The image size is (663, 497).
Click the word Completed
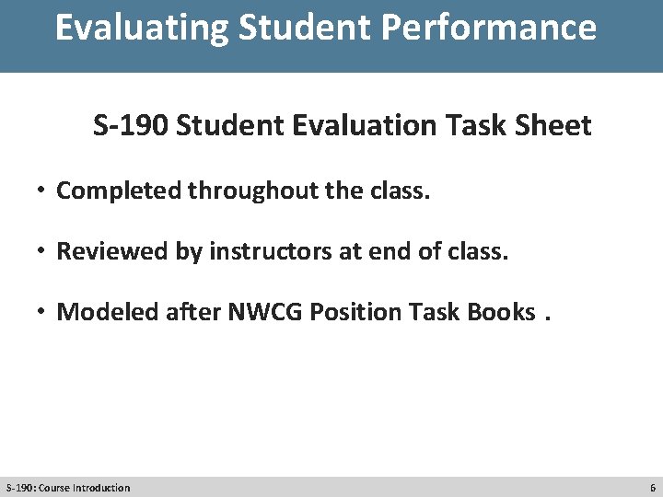(120, 191)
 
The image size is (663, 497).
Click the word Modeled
(109, 312)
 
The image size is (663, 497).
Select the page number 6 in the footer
(653, 488)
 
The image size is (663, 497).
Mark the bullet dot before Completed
(42, 191)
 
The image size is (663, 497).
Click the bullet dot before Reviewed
(42, 251)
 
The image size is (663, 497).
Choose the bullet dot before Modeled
(42, 312)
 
